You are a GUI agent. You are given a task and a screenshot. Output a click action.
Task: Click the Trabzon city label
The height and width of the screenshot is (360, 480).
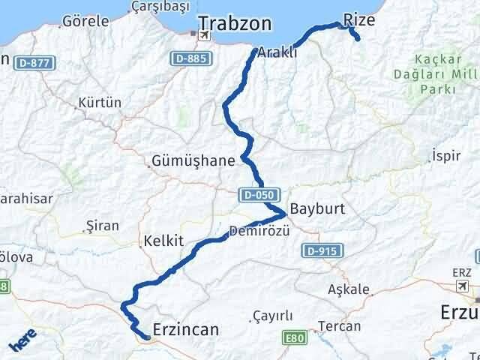tap(235, 24)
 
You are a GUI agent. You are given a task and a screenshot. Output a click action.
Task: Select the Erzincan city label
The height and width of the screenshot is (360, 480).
tap(185, 329)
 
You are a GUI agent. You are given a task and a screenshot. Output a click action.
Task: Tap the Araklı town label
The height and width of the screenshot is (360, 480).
tap(277, 52)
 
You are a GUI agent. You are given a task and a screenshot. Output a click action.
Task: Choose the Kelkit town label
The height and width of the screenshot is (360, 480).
tap(160, 241)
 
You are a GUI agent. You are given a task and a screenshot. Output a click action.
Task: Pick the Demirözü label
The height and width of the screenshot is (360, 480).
tap(259, 230)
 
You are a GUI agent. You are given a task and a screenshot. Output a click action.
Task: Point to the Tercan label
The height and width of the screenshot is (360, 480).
tap(340, 326)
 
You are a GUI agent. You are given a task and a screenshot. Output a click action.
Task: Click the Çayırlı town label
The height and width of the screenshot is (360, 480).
tap(273, 316)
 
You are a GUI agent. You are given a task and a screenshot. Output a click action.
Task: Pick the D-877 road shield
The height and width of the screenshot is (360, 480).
tap(37, 62)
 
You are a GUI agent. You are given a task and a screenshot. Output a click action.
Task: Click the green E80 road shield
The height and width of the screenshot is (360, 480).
tap(295, 339)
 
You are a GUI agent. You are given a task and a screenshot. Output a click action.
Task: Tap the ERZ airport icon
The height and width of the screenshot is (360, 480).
tap(463, 286)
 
